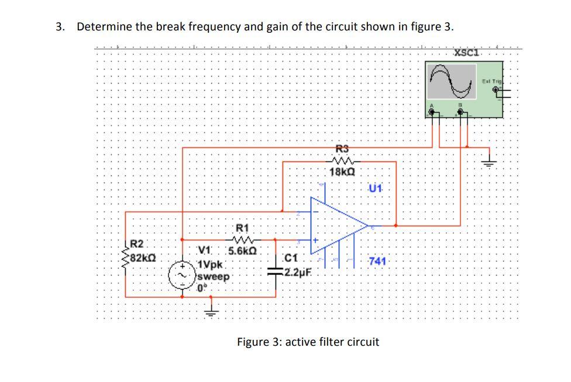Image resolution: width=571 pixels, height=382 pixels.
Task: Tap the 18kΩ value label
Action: click(342, 173)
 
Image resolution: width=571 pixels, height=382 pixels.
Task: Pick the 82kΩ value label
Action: click(143, 256)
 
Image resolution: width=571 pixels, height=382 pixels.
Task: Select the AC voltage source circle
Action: click(180, 275)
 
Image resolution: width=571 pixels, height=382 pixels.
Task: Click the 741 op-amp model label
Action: click(377, 261)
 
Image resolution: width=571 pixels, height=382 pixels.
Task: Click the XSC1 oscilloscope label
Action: click(466, 53)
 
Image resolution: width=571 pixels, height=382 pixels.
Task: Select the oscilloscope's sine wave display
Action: click(452, 81)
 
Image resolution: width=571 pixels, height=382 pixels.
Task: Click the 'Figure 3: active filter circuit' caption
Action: click(308, 342)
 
